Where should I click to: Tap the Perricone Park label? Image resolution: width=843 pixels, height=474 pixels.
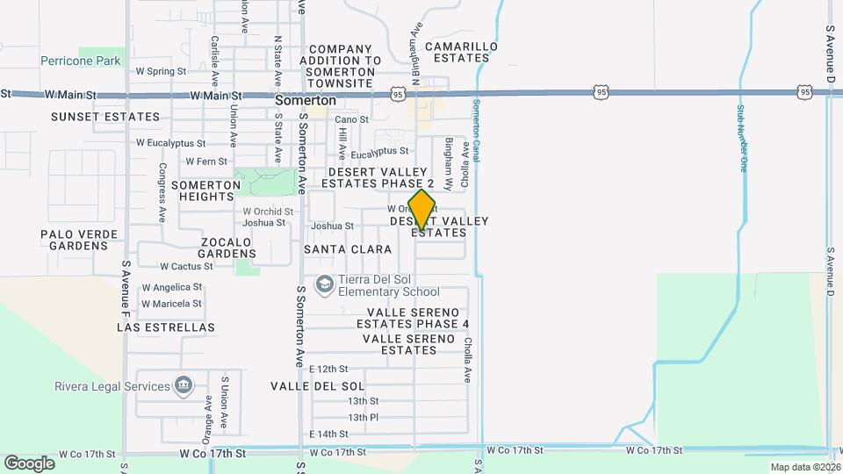click(80, 61)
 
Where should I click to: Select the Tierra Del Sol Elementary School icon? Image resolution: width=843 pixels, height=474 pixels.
click(325, 284)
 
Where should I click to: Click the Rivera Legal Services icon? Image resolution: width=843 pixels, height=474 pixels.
click(184, 385)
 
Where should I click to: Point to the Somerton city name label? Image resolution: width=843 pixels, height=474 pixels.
click(306, 101)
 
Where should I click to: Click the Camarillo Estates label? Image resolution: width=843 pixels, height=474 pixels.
click(461, 52)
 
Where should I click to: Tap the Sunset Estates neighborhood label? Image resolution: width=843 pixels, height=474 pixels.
click(105, 117)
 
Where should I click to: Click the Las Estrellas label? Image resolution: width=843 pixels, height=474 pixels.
click(166, 327)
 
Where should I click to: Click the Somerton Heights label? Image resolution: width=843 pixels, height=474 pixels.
click(205, 190)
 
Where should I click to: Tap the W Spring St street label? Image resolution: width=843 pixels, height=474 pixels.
click(161, 71)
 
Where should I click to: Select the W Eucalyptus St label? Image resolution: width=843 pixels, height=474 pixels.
click(170, 142)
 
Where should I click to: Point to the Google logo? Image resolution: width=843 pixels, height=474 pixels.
click(29, 463)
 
